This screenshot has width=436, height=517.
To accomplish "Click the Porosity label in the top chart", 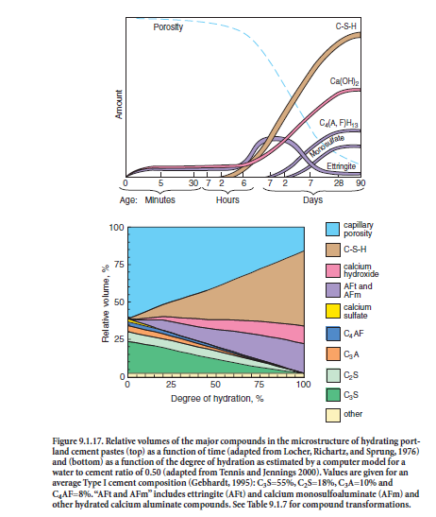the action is [168, 27].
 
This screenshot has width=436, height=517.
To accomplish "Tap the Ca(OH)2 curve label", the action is [344, 81].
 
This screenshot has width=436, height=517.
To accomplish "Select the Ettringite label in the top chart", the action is [342, 166].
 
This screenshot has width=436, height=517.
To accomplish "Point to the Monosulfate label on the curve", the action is [327, 146].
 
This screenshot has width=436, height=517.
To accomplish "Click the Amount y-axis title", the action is [119, 104].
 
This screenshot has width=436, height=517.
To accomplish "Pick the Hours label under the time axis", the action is [227, 199].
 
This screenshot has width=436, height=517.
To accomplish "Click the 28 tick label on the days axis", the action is [339, 182].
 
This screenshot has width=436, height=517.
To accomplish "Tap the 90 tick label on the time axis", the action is [361, 182].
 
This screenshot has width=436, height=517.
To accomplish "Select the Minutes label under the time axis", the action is [160, 199].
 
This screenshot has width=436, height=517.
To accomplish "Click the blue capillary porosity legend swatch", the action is [332, 229].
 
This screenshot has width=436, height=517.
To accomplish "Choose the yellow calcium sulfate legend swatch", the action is [332, 311].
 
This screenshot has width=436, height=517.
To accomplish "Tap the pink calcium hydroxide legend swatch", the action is [332, 270].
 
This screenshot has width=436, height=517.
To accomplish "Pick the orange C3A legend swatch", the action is [332, 353].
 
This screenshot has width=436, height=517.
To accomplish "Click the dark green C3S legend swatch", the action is [332, 395].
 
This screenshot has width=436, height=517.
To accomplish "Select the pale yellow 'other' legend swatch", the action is [332, 415].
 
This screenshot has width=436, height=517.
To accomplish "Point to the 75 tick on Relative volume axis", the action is [119, 265].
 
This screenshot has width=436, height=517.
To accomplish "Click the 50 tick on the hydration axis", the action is [215, 385].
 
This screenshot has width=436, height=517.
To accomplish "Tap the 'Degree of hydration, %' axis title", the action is [217, 399].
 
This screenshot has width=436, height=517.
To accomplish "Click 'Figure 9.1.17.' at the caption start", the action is [78, 441].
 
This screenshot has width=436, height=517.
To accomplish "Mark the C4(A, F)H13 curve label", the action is [339, 123].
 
